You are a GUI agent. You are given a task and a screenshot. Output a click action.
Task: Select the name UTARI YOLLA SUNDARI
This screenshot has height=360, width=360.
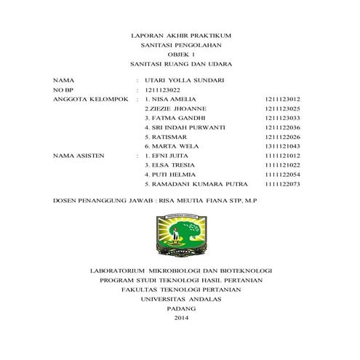pos(185,79)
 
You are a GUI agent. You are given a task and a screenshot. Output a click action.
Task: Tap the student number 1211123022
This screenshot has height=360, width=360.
pos(164,89)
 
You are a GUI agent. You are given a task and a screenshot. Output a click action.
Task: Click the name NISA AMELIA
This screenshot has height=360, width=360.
pos(173,98)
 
